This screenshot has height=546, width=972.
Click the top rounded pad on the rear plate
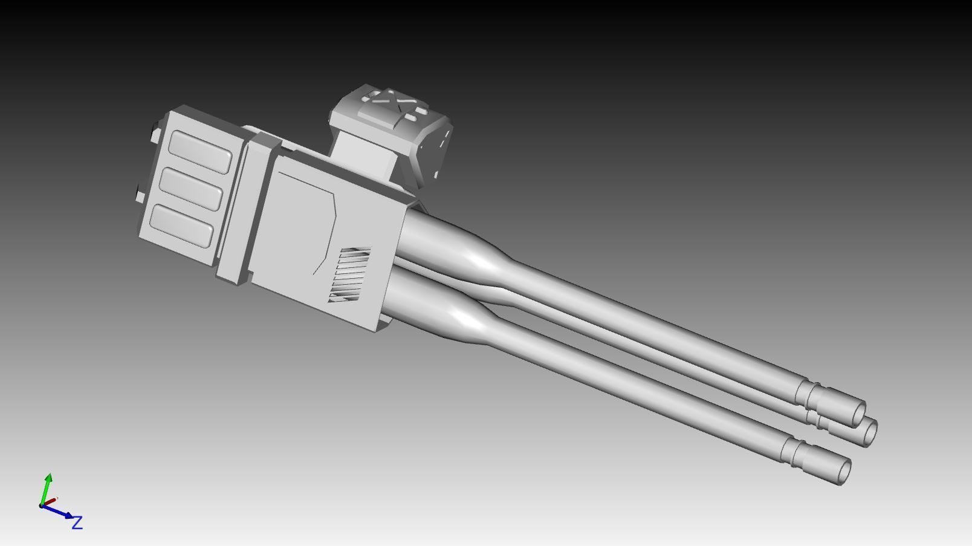pos(201,152)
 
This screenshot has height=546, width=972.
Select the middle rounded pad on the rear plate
pos(192,189)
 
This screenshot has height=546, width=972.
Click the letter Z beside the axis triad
pos(77,523)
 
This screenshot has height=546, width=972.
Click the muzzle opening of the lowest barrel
pos(841,471)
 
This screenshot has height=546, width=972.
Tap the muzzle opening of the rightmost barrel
pos(870,432)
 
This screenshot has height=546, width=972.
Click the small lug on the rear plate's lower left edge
pos(140,196)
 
